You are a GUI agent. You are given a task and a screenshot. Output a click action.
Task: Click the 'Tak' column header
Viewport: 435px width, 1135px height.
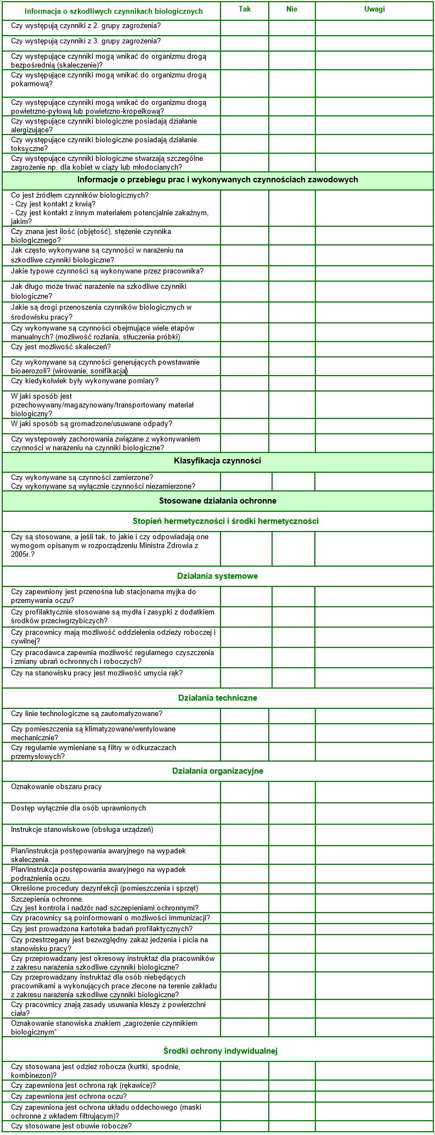pyautogui.click(x=245, y=9)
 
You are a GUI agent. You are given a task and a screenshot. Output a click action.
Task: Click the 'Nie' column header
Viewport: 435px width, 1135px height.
pyautogui.click(x=292, y=9)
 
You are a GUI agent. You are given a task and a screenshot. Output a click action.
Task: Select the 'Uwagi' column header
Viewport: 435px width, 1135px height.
pyautogui.click(x=374, y=9)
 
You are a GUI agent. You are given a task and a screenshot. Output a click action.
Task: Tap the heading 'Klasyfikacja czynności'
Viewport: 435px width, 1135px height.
pyautogui.click(x=217, y=461)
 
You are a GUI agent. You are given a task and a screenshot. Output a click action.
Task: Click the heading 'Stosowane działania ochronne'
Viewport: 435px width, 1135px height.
pyautogui.click(x=217, y=501)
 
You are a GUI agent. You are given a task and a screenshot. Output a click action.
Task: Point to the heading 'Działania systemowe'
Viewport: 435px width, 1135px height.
pyautogui.click(x=217, y=576)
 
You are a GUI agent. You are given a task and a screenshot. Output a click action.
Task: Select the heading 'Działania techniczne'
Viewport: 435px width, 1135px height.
pyautogui.click(x=217, y=698)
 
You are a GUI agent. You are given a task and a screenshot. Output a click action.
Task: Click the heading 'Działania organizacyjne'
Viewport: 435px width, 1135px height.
pyautogui.click(x=217, y=771)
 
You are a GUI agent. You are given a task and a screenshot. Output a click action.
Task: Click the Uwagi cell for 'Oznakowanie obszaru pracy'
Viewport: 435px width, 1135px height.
pyautogui.click(x=374, y=792)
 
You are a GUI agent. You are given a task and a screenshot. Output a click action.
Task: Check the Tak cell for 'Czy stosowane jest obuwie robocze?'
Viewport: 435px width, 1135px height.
pyautogui.click(x=245, y=1126)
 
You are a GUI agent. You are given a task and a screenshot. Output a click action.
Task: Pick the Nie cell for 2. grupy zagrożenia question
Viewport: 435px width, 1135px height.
pyautogui.click(x=292, y=27)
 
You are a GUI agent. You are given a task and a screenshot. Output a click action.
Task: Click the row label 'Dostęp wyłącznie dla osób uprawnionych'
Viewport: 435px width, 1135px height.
pyautogui.click(x=78, y=808)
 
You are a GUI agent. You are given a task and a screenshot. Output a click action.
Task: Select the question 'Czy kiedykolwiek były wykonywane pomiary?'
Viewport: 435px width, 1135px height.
pyautogui.click(x=85, y=381)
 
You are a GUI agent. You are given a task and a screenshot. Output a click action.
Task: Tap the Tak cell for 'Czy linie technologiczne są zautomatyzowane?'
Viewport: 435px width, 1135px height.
pyautogui.click(x=245, y=715)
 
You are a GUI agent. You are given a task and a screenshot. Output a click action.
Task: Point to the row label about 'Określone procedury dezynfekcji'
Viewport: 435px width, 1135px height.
pyautogui.click(x=104, y=888)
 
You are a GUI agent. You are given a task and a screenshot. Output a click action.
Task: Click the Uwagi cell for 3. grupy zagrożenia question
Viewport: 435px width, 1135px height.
pyautogui.click(x=374, y=42)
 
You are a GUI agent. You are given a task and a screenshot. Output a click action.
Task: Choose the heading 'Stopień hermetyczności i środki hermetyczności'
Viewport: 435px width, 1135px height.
pyautogui.click(x=225, y=521)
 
